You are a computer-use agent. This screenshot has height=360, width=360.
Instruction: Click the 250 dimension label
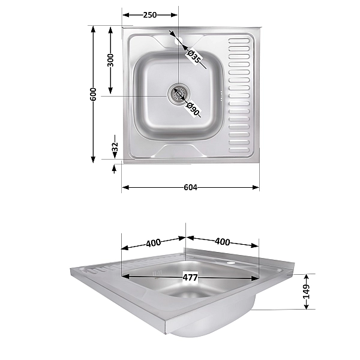(x=150, y=15)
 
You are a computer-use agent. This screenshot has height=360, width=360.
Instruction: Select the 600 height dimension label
(x=93, y=94)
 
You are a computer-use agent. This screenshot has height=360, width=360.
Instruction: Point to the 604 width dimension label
(x=190, y=187)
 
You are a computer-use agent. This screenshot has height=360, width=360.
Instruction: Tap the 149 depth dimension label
(x=306, y=292)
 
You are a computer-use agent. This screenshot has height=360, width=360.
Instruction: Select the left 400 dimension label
(x=153, y=243)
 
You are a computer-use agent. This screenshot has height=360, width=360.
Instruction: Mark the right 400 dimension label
(x=222, y=242)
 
